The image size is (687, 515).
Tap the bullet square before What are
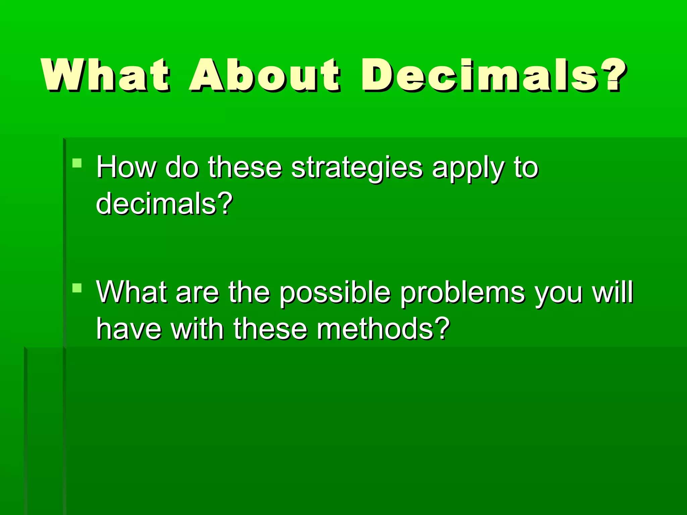(x=77, y=288)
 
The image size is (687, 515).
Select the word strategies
(x=357, y=168)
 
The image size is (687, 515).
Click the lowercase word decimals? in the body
(x=164, y=204)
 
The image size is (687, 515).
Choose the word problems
(x=463, y=293)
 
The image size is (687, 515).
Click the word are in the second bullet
(x=197, y=293)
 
